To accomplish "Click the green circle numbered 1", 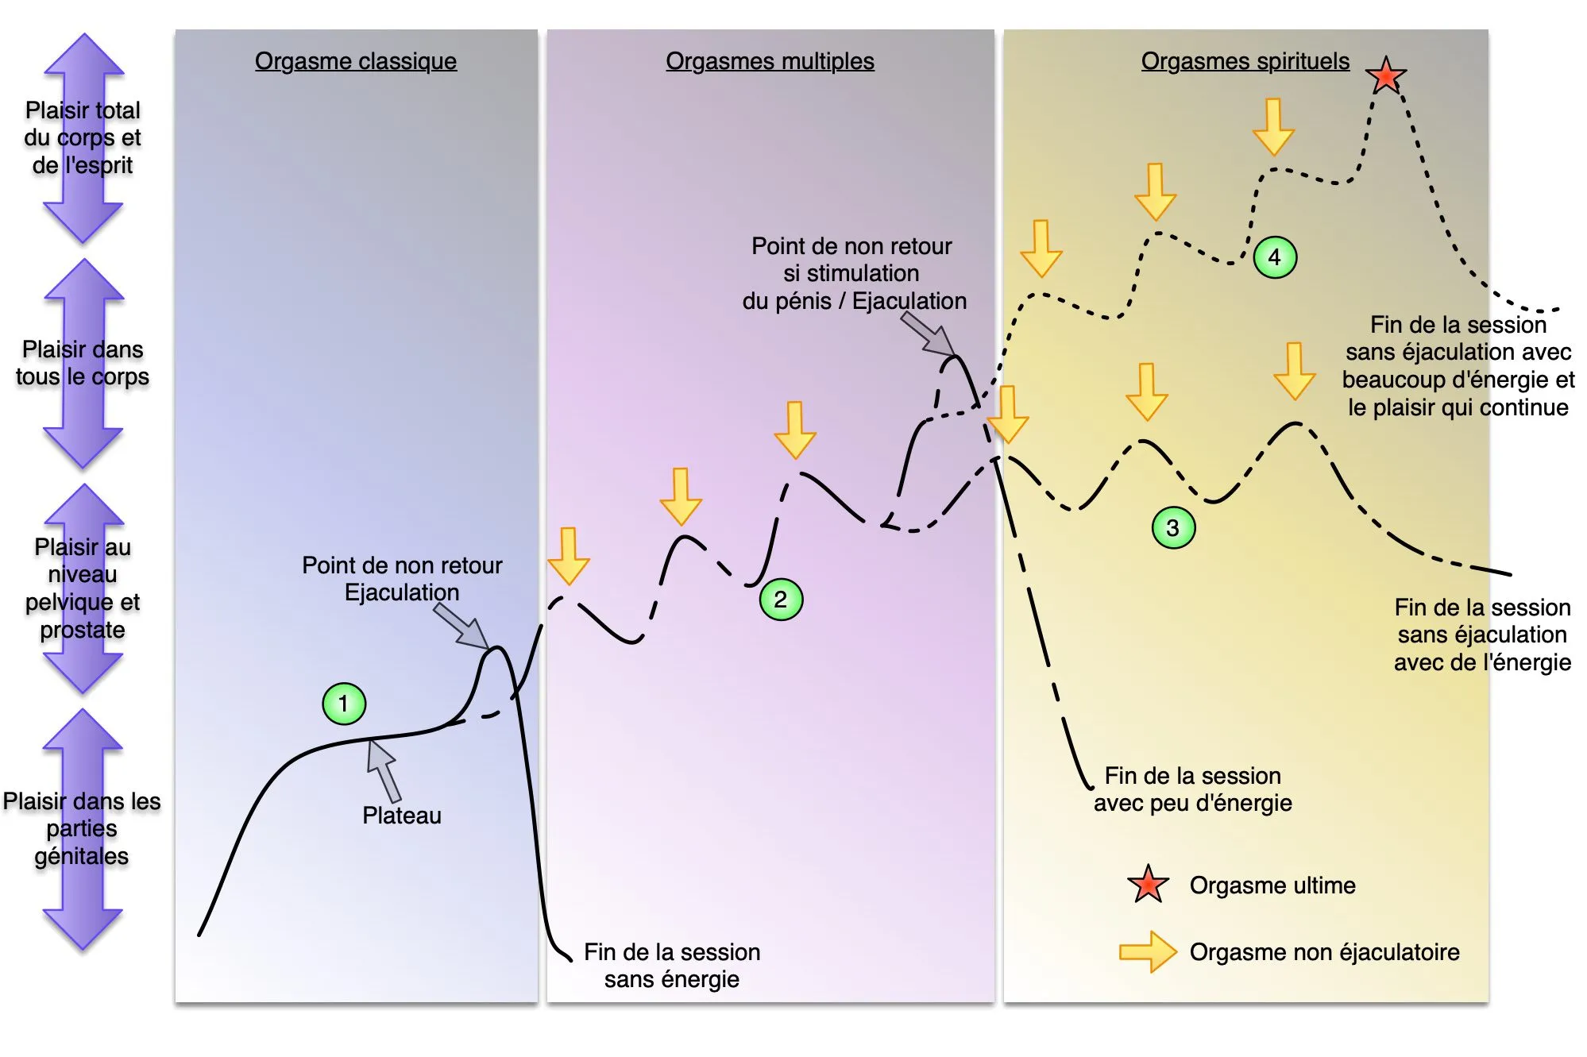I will pos(344,704).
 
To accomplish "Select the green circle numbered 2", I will pos(781,600).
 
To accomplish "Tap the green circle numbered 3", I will pos(1172,528).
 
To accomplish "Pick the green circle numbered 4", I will pos(1275,257).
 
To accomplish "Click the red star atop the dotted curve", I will pos(1386,76).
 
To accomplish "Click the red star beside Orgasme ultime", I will pos(1148,885).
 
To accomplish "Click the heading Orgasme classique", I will pos(356,61).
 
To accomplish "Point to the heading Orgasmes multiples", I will pos(770,61).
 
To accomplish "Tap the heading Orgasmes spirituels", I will pos(1245,61).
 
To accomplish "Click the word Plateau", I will pos(401,816).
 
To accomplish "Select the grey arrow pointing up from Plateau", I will pos(384,770).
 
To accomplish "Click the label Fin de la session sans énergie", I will pos(672,966).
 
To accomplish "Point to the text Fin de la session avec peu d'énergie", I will pos(1192,789).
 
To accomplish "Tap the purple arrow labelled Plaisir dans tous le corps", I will pos(83,364).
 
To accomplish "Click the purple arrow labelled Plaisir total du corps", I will pos(83,138).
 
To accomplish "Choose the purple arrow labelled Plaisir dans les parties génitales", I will pos(83,828).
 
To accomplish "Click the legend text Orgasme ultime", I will pos(1272,885).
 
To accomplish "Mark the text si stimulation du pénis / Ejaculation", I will pos(854,287).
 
